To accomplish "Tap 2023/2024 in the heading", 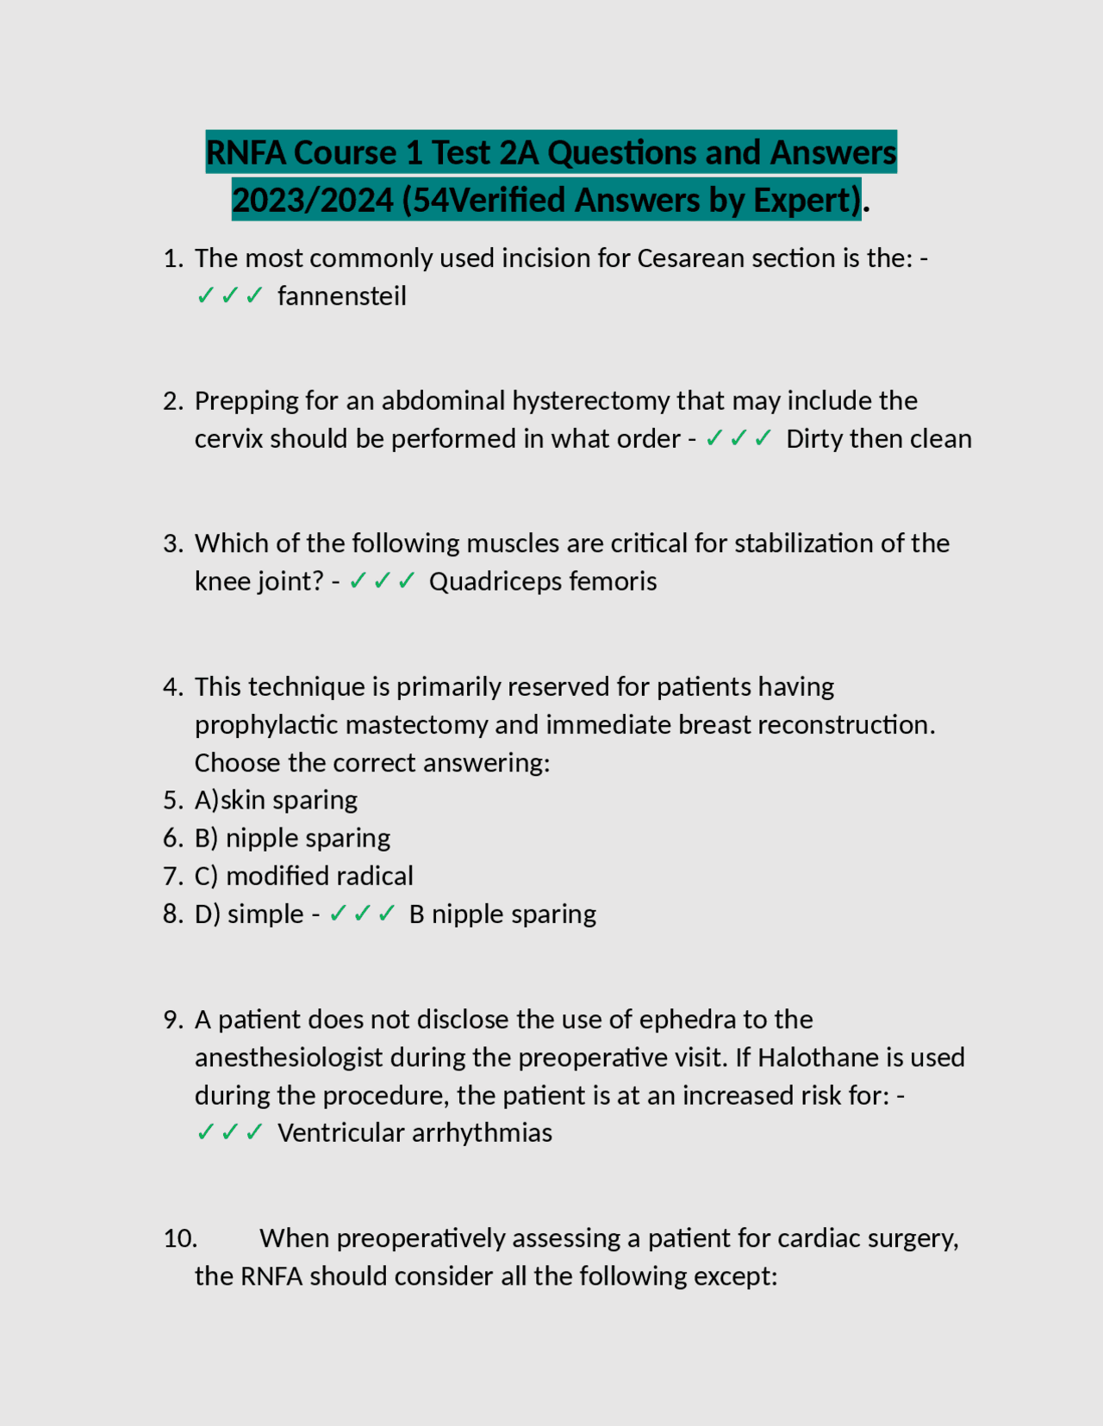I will (x=313, y=201).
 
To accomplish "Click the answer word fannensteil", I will (x=342, y=296).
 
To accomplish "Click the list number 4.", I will (x=172, y=687).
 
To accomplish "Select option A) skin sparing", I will (x=276, y=801).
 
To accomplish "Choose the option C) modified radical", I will (x=304, y=877).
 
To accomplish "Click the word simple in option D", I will (x=265, y=914).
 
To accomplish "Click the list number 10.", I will (x=180, y=1239).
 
